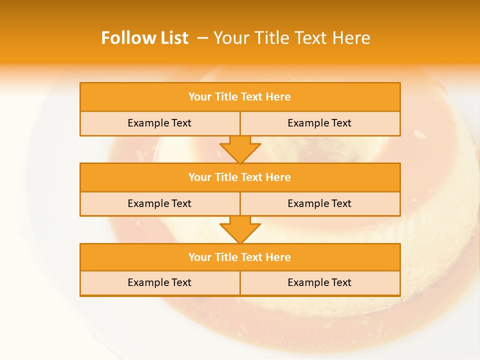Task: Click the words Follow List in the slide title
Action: point(144,38)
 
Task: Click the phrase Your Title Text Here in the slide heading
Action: point(292,38)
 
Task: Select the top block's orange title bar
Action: point(240,97)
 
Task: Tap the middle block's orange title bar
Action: point(240,177)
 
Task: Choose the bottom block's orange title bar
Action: point(240,257)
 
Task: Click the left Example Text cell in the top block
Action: point(160,123)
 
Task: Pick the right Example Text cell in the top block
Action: point(320,123)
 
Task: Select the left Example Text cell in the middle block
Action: point(160,203)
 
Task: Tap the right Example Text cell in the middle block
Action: point(320,203)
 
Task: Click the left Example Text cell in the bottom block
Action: point(160,282)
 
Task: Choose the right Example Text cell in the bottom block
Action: point(320,282)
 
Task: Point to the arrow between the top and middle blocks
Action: point(240,149)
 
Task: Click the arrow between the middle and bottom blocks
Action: point(240,230)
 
